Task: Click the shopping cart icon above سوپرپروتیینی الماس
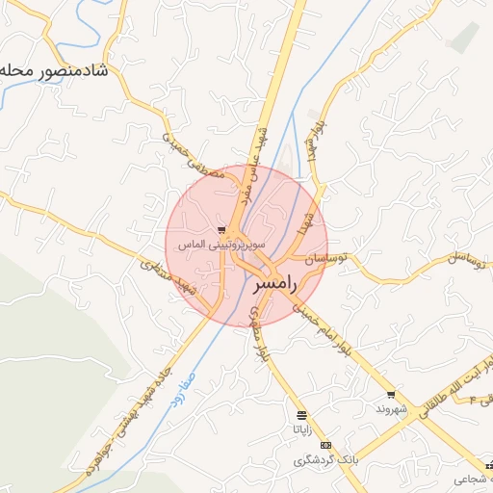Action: [x=222, y=230]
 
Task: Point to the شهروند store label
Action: [x=393, y=409]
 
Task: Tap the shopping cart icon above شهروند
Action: [x=391, y=395]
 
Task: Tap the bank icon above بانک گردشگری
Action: [x=325, y=446]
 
